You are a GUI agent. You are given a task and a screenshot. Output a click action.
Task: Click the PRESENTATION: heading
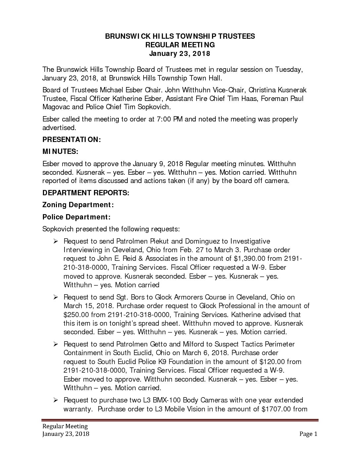(71, 140)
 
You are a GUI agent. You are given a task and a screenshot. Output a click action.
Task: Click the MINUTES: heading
(60, 152)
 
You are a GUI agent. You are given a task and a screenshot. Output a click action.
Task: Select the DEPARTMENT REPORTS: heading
(86, 193)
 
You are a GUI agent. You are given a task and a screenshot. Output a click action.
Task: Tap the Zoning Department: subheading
(78, 205)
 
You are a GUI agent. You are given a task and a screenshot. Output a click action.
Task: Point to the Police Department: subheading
(76, 217)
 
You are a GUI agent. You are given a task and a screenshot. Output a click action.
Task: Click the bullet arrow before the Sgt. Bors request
(56, 297)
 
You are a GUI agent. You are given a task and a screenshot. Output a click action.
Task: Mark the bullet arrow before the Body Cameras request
(56, 400)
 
